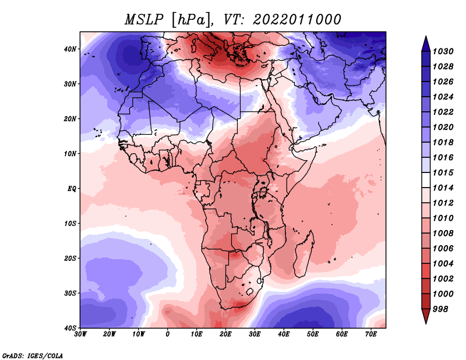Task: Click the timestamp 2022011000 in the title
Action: coord(296,19)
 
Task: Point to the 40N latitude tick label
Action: coord(70,49)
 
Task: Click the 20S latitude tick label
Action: coord(70,258)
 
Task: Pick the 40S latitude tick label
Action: coord(70,327)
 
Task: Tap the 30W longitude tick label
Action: coord(81,334)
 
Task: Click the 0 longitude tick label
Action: coord(168,334)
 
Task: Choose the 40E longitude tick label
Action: coord(284,334)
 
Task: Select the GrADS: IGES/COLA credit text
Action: coord(32,354)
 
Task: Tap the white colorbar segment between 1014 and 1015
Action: coord(426,180)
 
